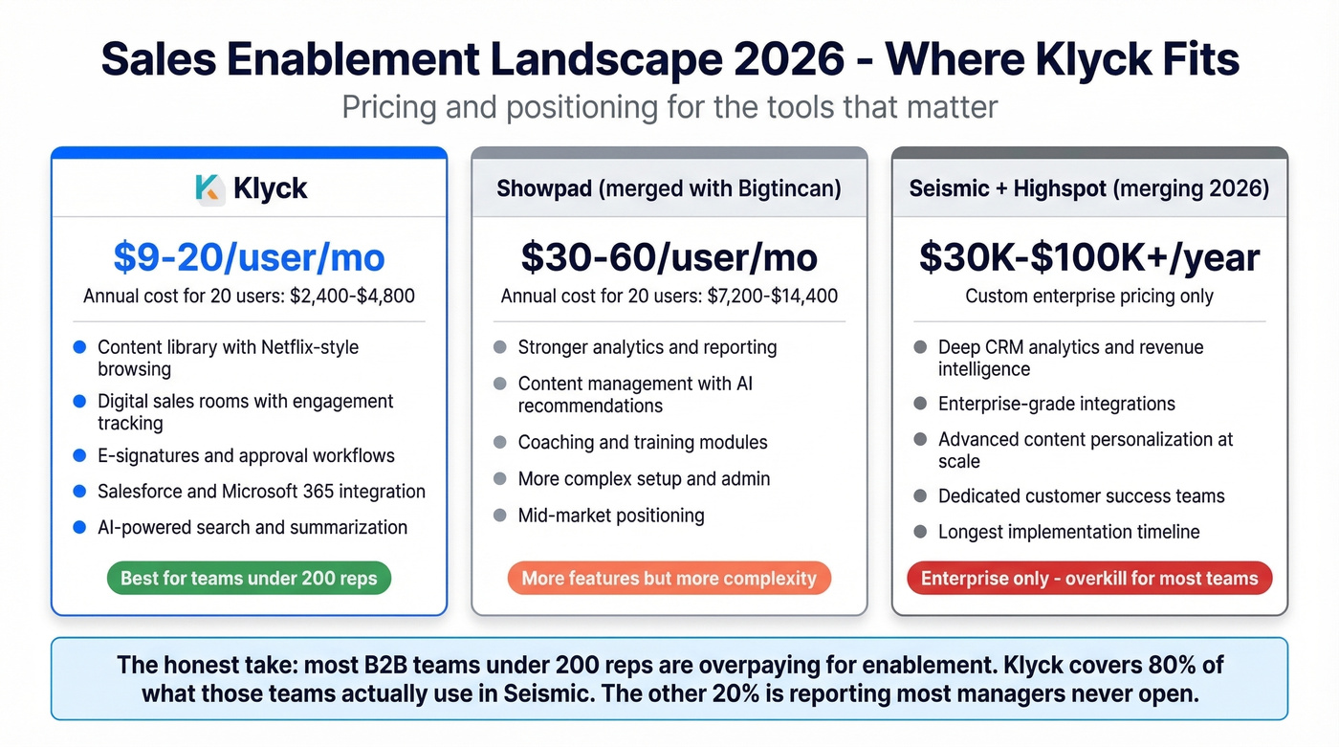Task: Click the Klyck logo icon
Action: [x=209, y=188]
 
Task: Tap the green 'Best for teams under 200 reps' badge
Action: [x=249, y=578]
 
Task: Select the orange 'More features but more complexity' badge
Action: [x=669, y=578]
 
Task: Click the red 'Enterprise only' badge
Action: [x=1088, y=578]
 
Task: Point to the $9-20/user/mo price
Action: [x=249, y=257]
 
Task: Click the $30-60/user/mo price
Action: [x=669, y=257]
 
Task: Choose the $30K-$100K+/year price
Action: [x=1089, y=257]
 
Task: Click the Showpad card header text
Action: [x=669, y=188]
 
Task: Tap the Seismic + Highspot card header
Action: [x=1089, y=188]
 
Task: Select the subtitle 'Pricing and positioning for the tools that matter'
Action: [x=669, y=106]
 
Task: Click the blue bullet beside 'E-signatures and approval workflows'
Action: [x=80, y=455]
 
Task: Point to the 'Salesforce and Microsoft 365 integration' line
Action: [x=261, y=492]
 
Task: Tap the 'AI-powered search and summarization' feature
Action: [x=252, y=527]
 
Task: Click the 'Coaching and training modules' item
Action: [x=643, y=442]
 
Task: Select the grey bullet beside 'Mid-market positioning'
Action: [x=499, y=516]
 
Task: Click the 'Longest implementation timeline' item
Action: [x=1068, y=532]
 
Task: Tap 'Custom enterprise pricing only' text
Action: [x=1089, y=297]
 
